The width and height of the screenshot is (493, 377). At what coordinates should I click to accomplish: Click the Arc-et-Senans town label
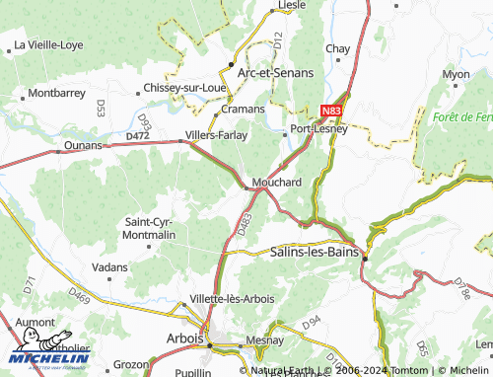click(269, 72)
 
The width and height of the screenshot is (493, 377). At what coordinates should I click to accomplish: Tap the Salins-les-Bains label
click(315, 252)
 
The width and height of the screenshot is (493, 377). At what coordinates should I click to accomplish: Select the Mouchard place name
click(276, 183)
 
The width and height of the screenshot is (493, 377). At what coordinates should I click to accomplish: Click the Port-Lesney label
click(313, 129)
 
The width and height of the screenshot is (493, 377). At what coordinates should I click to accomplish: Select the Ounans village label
click(82, 145)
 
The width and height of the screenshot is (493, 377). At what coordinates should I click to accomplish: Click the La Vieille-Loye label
click(46, 45)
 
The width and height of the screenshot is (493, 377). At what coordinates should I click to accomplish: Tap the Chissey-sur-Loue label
click(185, 86)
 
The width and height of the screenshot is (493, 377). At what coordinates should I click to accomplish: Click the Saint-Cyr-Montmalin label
click(151, 229)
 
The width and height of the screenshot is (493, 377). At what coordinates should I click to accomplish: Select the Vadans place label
click(108, 266)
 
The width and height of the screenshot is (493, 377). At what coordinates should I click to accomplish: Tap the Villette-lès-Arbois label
click(233, 298)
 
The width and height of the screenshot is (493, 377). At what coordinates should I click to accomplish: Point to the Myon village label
click(456, 74)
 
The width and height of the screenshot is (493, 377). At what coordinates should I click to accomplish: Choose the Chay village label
click(338, 48)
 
